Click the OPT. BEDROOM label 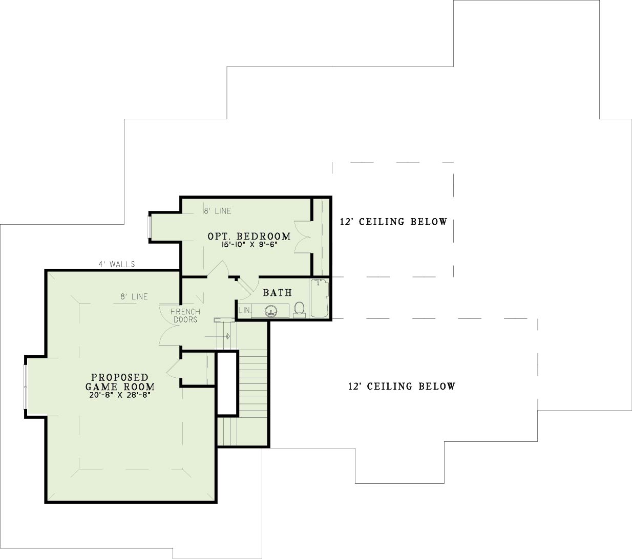(x=249, y=236)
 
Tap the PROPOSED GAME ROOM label (x=120, y=382)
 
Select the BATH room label (x=278, y=292)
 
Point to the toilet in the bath (x=300, y=309)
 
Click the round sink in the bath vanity (x=271, y=311)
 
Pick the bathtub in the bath (x=320, y=298)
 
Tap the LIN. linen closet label (x=244, y=310)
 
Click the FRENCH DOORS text (x=185, y=315)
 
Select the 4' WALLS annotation (x=117, y=264)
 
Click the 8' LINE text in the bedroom (x=218, y=211)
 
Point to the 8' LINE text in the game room (x=134, y=296)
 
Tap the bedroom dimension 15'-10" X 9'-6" (x=249, y=245)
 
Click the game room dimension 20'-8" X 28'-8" (x=120, y=395)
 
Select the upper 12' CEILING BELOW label (x=394, y=222)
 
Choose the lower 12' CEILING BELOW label (x=402, y=386)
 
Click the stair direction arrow (x=218, y=336)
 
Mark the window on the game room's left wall (x=25, y=386)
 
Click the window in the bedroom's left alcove (x=150, y=227)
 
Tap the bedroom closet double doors (x=303, y=237)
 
